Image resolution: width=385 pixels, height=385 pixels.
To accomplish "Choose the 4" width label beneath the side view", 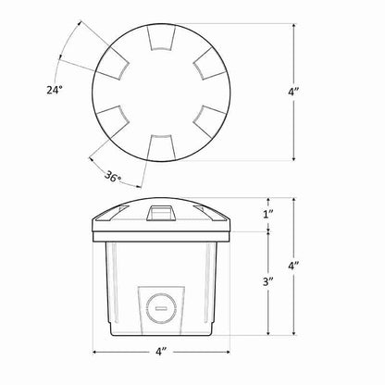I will [161, 352].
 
